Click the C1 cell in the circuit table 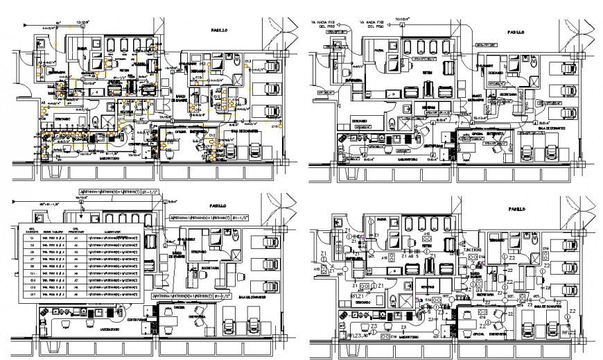pos(32,239)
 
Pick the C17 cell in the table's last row pos(32,293)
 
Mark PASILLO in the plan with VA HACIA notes pos(515,32)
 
